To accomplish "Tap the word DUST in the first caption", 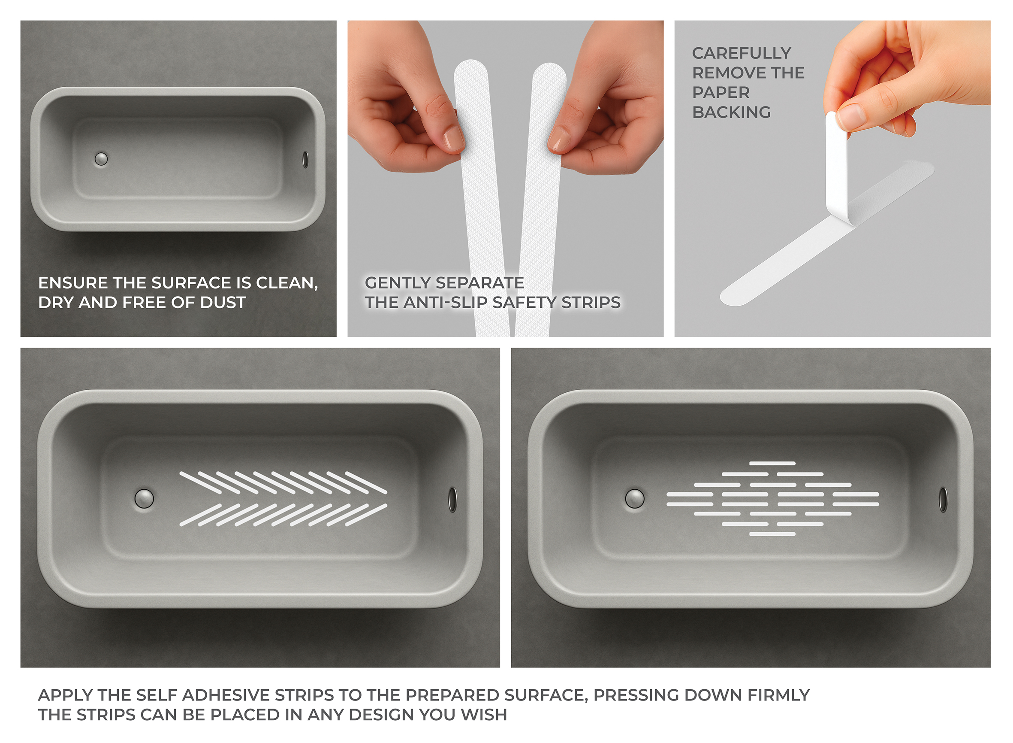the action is [x=223, y=302].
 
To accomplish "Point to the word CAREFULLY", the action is [x=742, y=53].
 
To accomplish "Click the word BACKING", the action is [x=732, y=112].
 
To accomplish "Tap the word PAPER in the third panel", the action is [x=721, y=92].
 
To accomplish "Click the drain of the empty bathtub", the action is [x=101, y=159].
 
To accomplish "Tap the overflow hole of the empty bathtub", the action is [x=305, y=159].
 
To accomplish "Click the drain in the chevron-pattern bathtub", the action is [x=144, y=498].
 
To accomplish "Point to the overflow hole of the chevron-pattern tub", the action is [x=452, y=499].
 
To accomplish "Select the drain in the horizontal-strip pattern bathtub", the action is [x=635, y=498].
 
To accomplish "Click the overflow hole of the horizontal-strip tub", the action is [x=943, y=499].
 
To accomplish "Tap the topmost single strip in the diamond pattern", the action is [x=772, y=463].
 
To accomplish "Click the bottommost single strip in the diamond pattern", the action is [x=772, y=534].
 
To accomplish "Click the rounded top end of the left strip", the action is [x=471, y=67].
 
